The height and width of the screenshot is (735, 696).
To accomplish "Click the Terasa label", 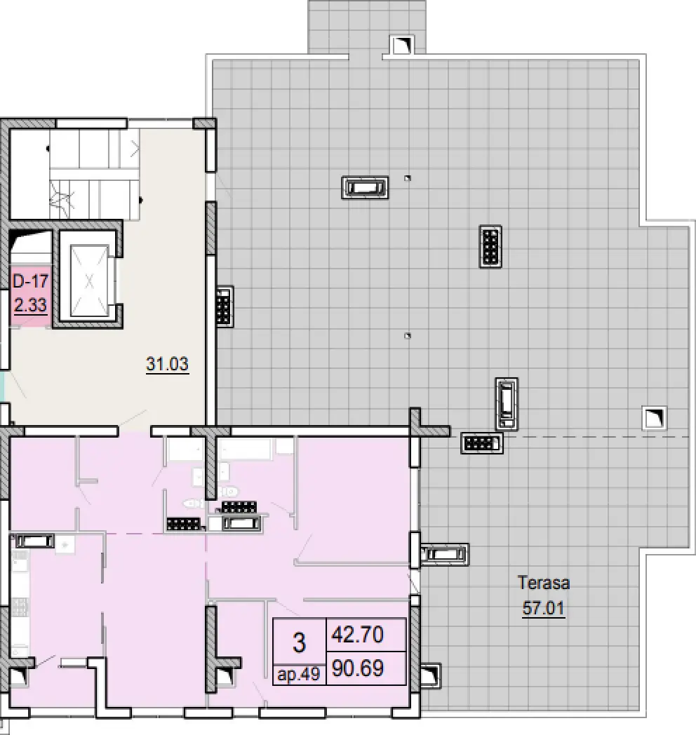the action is click(544, 583).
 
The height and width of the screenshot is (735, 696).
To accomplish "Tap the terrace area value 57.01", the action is click(544, 608).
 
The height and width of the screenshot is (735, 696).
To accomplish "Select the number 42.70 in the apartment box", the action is click(357, 635).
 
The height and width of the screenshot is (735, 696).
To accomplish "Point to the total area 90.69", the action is click(357, 668).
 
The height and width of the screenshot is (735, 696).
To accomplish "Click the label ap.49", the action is click(299, 675).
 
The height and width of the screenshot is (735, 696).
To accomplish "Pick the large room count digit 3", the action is click(299, 642).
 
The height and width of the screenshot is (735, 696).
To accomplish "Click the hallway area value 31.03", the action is click(168, 364).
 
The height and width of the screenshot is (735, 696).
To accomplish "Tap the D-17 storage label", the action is click(30, 281).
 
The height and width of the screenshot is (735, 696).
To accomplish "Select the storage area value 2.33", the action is click(30, 305).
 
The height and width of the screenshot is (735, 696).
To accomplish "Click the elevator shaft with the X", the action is click(88, 280).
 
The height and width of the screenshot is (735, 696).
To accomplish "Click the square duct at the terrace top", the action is click(402, 46).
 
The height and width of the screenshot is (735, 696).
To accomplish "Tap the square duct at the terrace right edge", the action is click(655, 417).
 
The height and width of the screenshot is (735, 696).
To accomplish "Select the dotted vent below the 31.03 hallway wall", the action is click(185, 524).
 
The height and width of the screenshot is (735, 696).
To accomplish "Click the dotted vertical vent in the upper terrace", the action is click(490, 246).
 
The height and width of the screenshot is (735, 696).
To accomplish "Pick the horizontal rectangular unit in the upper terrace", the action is click(365, 187).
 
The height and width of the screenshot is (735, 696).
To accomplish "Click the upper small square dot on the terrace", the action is click(408, 178).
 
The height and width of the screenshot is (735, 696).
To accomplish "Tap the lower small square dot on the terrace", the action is click(408, 336).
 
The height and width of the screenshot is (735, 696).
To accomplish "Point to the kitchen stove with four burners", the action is click(19, 606).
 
